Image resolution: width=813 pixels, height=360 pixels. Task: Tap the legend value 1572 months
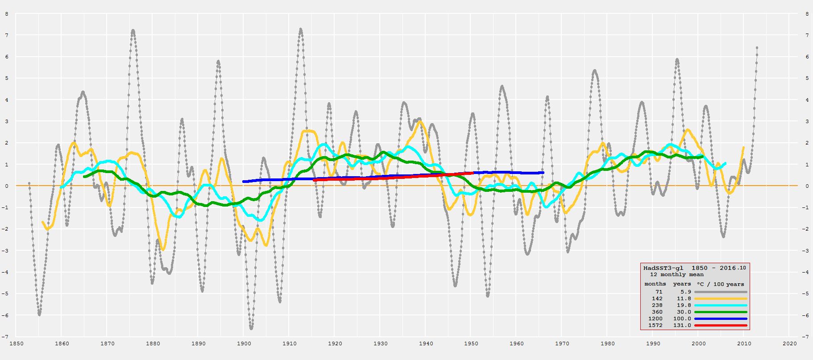pyautogui.click(x=655, y=326)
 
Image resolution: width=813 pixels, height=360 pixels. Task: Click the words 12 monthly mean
pyautogui.click(x=676, y=275)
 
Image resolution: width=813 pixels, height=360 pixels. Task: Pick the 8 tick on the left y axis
pyautogui.click(x=6, y=14)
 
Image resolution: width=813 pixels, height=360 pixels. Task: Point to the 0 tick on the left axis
pyautogui.click(x=6, y=186)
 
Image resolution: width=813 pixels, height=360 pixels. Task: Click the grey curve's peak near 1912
pyautogui.click(x=300, y=29)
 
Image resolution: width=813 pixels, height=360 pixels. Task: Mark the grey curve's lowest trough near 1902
pyautogui.click(x=251, y=328)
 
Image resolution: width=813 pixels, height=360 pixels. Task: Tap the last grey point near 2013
pyautogui.click(x=757, y=48)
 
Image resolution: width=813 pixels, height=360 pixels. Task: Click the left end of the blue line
pyautogui.click(x=244, y=182)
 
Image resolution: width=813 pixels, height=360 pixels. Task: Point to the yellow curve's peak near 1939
pyautogui.click(x=419, y=122)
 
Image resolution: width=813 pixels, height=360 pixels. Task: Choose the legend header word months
pyautogui.click(x=655, y=284)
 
